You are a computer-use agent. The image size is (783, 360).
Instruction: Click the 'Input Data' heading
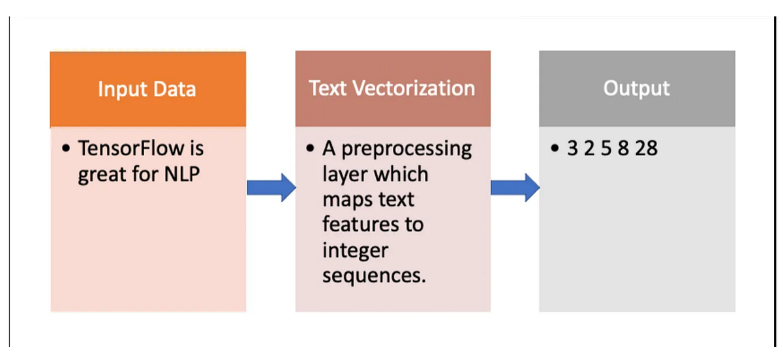(147, 89)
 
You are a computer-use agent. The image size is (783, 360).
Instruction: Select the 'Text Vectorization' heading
(392, 88)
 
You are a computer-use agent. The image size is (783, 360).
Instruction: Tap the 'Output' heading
(636, 88)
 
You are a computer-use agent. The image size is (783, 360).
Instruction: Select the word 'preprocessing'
(407, 149)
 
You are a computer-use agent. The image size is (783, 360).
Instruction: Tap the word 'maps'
(347, 200)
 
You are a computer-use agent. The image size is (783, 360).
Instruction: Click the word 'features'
(363, 224)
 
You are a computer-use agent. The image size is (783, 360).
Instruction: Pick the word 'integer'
(356, 250)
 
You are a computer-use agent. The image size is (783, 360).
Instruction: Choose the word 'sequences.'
(374, 275)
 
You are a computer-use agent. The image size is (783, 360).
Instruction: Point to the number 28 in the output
(646, 149)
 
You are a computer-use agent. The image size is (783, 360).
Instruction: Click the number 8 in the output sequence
(623, 149)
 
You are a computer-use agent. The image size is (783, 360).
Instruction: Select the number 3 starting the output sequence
(573, 149)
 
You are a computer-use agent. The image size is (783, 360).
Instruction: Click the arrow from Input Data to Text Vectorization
(271, 188)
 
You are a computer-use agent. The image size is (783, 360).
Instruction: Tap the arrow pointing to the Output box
(515, 188)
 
